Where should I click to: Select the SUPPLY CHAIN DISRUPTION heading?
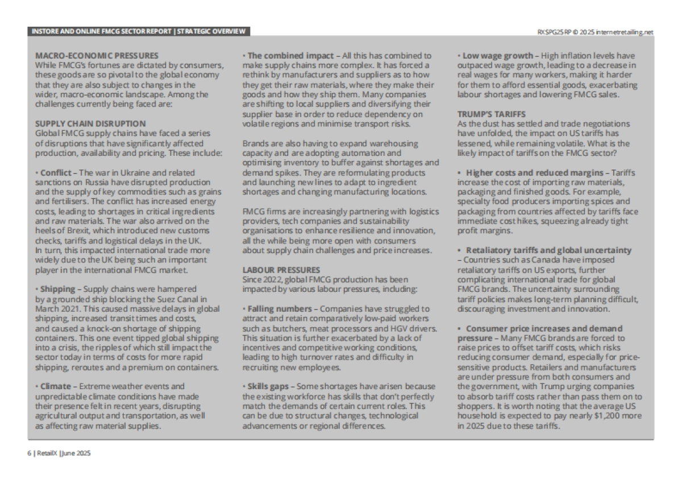[x=90, y=123]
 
